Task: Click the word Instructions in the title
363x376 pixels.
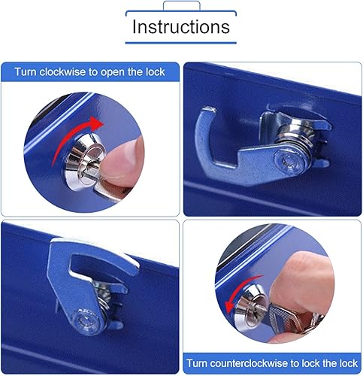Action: (x=180, y=27)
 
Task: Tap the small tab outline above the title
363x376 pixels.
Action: (x=180, y=5)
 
